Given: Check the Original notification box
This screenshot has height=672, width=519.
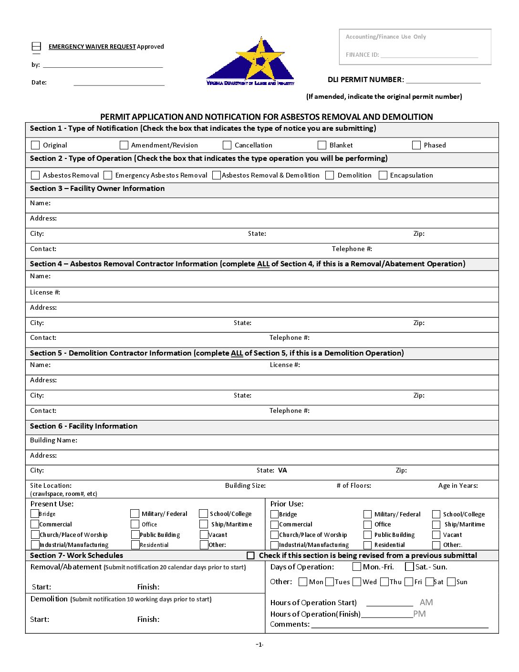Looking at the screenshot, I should pyautogui.click(x=35, y=145).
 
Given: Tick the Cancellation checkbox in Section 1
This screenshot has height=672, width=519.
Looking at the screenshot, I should pyautogui.click(x=227, y=145).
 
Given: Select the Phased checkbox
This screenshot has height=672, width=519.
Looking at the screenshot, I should pyautogui.click(x=416, y=145).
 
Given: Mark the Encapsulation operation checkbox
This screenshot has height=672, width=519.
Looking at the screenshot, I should pyautogui.click(x=383, y=175).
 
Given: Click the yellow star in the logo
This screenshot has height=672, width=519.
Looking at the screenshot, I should pyautogui.click(x=260, y=60).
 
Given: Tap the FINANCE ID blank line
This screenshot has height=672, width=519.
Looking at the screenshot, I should pyautogui.click(x=429, y=55).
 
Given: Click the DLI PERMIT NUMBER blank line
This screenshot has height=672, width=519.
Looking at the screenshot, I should pyautogui.click(x=443, y=80).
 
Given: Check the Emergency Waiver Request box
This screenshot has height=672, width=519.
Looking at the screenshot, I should pyautogui.click(x=36, y=46).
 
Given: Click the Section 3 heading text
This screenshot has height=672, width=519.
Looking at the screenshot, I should pyautogui.click(x=97, y=189).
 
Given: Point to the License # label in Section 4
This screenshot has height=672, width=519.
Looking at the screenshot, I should pyautogui.click(x=45, y=293).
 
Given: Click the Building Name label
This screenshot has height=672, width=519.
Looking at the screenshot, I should pyautogui.click(x=53, y=441).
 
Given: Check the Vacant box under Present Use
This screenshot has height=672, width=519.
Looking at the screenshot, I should pyautogui.click(x=204, y=535).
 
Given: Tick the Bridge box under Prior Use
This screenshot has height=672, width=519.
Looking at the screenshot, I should pyautogui.click(x=274, y=514).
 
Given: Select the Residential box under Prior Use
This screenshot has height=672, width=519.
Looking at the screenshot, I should pyautogui.click(x=367, y=545).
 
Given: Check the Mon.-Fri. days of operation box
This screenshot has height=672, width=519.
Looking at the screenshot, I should pyautogui.click(x=357, y=567).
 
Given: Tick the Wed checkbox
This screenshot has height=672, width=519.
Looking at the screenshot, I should pyautogui.click(x=357, y=582).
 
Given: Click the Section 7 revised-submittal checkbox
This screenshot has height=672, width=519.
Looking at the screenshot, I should pyautogui.click(x=250, y=556).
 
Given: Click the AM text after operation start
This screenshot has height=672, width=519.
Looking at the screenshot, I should pyautogui.click(x=426, y=602).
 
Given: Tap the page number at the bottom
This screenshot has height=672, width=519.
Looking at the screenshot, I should pyautogui.click(x=259, y=645).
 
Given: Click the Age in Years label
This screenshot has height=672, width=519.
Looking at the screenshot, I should pyautogui.click(x=458, y=486).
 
